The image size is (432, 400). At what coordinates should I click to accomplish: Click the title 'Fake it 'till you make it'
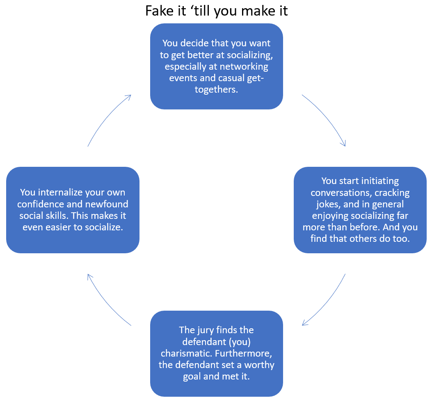[216, 11]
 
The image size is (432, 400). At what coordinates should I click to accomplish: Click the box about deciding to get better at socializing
[216, 66]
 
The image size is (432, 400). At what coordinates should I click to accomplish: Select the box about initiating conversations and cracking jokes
[360, 209]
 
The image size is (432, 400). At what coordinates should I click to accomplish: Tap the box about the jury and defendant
[216, 353]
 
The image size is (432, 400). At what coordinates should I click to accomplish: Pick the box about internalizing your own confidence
[73, 209]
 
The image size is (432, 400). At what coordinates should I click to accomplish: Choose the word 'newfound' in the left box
[110, 204]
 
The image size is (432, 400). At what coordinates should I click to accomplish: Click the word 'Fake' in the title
[158, 11]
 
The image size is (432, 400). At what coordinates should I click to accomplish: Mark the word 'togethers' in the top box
[216, 90]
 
